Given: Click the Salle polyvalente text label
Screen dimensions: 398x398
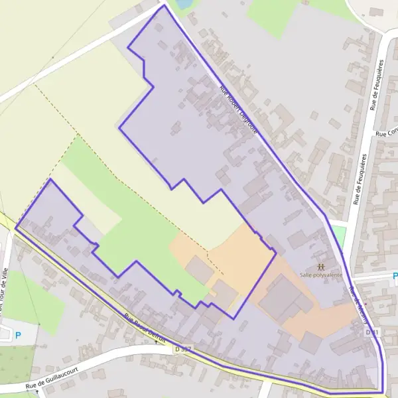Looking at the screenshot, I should (x=321, y=273).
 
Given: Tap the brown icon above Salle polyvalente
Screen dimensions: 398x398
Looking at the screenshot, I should (x=321, y=263).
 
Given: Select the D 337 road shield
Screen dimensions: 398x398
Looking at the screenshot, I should (x=182, y=348).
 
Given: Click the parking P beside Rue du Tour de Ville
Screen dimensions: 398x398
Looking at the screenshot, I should (x=18, y=335).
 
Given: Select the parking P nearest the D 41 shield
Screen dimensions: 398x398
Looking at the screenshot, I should (x=395, y=275).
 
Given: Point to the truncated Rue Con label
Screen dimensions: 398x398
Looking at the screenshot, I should (x=385, y=133).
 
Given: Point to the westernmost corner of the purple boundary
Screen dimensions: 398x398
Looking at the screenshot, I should (x=15, y=228).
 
